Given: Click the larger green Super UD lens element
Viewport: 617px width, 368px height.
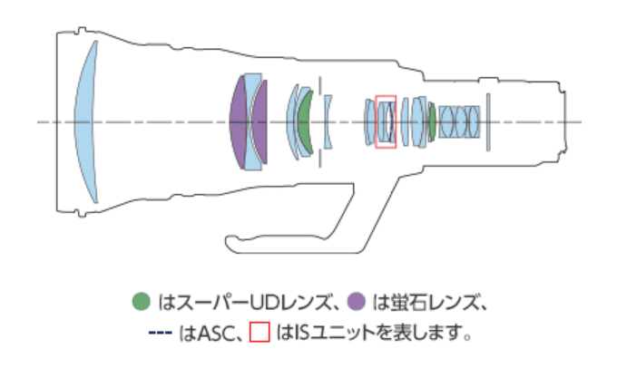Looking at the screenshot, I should click(306, 121).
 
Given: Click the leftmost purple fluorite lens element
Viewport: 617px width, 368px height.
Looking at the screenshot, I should click(240, 121).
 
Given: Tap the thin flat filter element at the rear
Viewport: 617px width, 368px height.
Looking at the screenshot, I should click(487, 121).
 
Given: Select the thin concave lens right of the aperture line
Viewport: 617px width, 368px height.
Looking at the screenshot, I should click(328, 121).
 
